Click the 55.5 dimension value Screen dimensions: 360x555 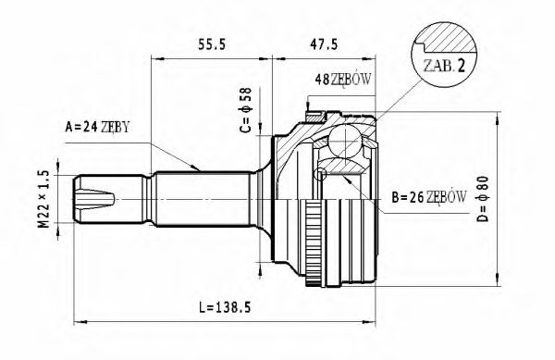[212, 43]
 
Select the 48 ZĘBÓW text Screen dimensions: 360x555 [343, 79]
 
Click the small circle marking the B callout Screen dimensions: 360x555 [321, 174]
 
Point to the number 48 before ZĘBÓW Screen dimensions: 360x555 [323, 79]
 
